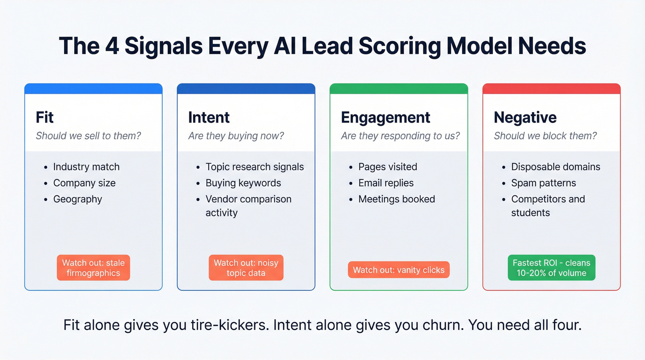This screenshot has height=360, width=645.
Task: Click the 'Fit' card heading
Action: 45,118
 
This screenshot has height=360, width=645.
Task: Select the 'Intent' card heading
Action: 209,118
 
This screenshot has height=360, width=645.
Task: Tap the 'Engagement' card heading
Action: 385,118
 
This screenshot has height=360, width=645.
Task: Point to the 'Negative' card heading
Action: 525,118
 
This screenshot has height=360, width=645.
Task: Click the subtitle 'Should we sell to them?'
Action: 88,136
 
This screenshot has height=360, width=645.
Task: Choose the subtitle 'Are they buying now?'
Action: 236,136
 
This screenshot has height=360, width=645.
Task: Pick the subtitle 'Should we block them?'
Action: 545,136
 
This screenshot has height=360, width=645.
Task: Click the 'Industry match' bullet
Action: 86,167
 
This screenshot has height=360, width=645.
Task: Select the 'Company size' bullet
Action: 84,183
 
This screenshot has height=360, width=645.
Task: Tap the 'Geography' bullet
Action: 77,199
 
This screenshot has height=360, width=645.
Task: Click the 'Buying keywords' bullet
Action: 243,183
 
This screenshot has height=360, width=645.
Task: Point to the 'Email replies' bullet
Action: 386,183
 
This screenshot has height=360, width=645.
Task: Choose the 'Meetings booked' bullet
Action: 396,199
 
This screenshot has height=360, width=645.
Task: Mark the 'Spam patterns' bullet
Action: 543,183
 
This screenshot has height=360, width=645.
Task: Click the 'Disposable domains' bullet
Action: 555,167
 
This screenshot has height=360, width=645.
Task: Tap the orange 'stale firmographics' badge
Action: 94,268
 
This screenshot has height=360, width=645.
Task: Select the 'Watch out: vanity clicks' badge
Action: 399,270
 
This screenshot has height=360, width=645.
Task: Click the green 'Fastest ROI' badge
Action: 551,268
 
